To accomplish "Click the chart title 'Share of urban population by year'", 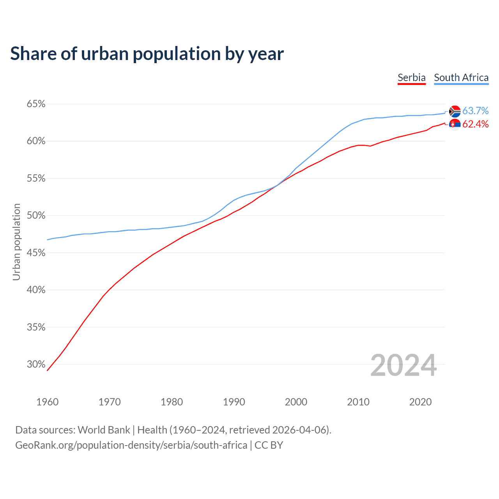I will coord(147,54).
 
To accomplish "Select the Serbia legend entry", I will coord(411,78).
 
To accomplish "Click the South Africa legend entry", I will coord(461,78).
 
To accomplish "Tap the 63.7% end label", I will coord(475,111).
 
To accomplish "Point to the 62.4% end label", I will coord(475,124).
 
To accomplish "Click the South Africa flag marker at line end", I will coord(455,111).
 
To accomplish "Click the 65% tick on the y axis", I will coord(36,104).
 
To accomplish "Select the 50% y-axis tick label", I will coord(36,216).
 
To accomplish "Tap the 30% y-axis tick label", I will coord(36,365).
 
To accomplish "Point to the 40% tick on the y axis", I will coord(36,290).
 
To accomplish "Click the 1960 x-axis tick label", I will coord(47,402).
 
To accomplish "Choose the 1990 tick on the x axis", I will coord(234,402).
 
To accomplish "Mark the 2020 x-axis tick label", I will coord(420,402).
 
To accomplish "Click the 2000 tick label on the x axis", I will coord(296,402).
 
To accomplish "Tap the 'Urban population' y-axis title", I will coord(16,242).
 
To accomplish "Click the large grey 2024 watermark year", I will coord(403,365).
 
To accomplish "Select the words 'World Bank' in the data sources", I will coord(104,430).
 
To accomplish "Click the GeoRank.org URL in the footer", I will coord(131,445).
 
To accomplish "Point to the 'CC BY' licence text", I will coord(269,445).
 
